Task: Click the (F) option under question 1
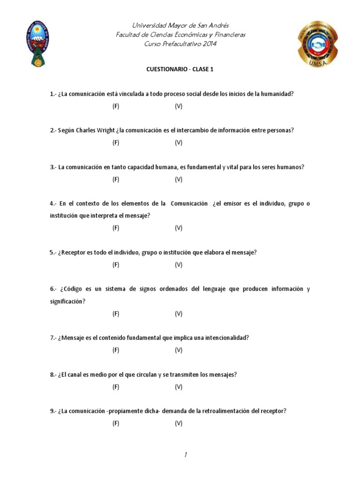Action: (116, 106)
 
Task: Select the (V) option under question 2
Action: (179, 143)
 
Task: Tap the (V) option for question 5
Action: (179, 265)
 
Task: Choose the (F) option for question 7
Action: (116, 350)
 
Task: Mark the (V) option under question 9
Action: (179, 423)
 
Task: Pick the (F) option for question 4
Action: (116, 228)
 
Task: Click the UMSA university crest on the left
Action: (37, 44)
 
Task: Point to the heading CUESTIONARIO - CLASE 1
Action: (180, 69)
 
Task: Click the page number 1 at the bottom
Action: (186, 454)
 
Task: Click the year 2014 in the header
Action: (206, 44)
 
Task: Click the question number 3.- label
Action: (53, 167)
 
